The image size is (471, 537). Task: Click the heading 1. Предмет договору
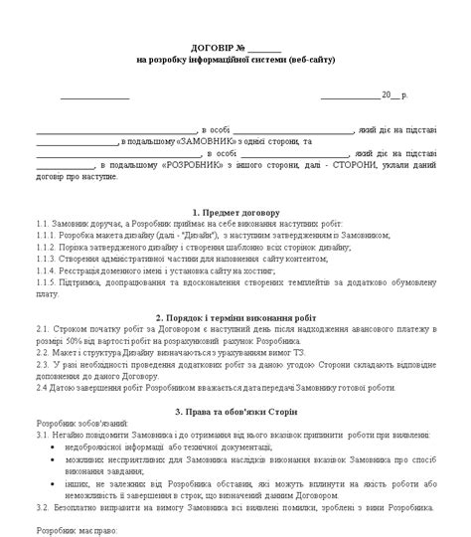click(235, 213)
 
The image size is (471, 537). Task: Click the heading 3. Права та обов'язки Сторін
click(235, 410)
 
